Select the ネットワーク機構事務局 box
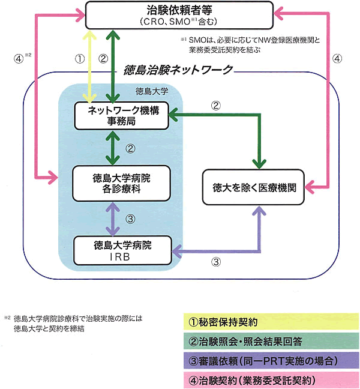[x=121, y=115]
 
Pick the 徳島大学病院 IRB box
[x=122, y=250]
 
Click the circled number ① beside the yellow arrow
[x=77, y=59]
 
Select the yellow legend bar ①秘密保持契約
[x=269, y=321]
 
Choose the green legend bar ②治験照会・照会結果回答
[x=269, y=342]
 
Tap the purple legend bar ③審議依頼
[x=269, y=361]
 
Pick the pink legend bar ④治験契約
[x=269, y=380]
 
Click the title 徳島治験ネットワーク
[x=176, y=70]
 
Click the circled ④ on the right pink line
[x=338, y=59]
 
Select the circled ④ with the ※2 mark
[x=18, y=59]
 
